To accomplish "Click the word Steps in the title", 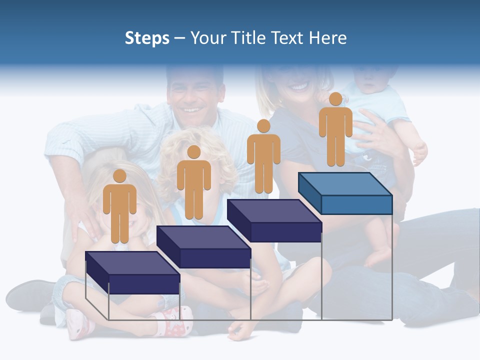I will click(x=147, y=38).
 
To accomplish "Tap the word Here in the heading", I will click(x=327, y=38).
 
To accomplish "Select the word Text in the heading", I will click(x=288, y=38).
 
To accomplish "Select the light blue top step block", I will click(x=345, y=193).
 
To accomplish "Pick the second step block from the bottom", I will click(x=203, y=247).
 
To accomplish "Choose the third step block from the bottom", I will click(x=274, y=220).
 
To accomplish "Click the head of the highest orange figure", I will click(x=335, y=99).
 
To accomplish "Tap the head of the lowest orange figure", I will click(x=119, y=176).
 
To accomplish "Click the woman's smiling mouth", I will click(x=299, y=86).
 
